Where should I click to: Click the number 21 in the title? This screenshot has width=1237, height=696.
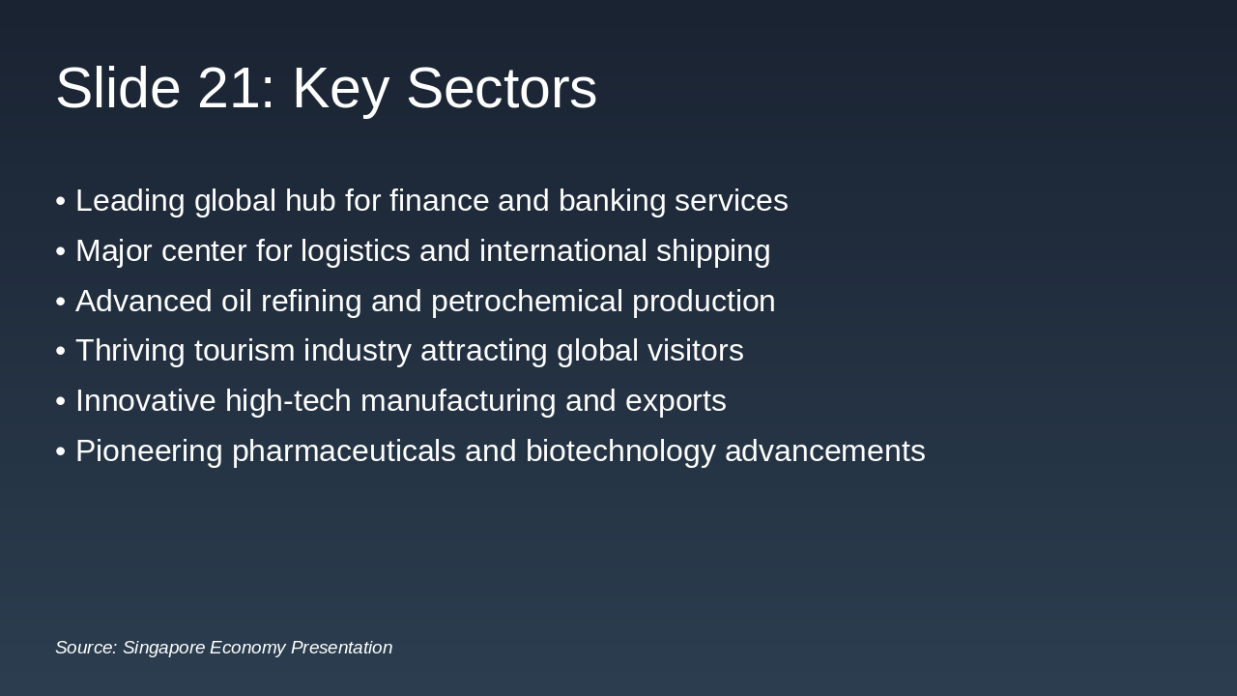228,89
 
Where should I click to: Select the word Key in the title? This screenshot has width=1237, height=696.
340,89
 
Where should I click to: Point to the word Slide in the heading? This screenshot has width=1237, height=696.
118,89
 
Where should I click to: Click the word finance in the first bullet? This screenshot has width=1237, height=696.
439,201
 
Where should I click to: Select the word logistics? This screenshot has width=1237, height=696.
355,251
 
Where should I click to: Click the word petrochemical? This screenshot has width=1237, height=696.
527,302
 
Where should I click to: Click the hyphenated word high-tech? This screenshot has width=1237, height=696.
288,401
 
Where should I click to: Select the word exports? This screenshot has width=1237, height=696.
676,401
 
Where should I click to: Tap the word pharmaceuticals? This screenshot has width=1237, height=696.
343,451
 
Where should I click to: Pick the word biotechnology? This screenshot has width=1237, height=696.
620,451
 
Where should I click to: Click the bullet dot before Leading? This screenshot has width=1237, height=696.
61,201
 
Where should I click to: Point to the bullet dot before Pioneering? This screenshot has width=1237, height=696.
61,451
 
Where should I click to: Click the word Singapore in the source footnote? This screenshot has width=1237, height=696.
162,648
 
